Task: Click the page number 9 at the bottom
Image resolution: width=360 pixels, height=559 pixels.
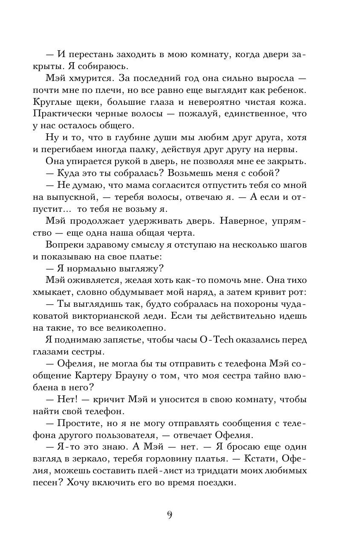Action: tap(170, 515)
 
